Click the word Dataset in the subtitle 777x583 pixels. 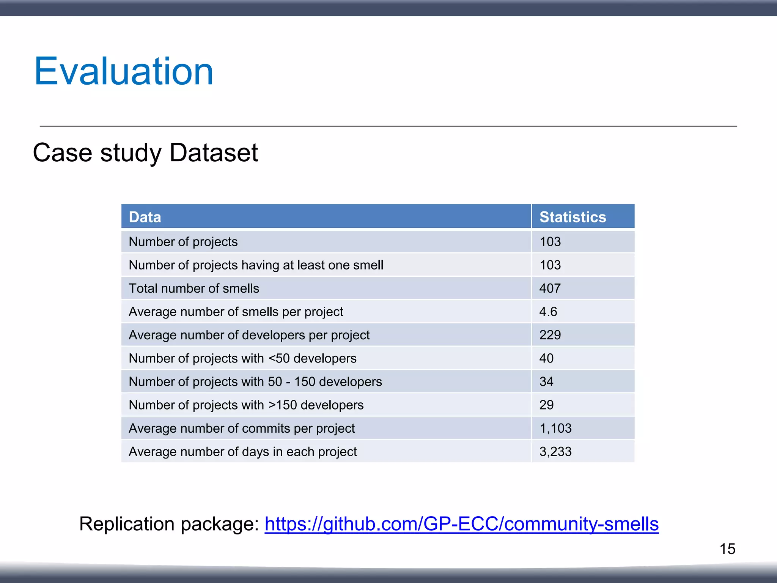[x=214, y=153]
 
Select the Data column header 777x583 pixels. [x=145, y=217]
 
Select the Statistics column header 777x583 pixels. [x=573, y=217]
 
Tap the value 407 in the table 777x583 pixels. [x=550, y=288]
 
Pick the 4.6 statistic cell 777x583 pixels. [x=548, y=312]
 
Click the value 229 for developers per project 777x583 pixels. [x=550, y=335]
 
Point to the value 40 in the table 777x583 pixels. [x=546, y=358]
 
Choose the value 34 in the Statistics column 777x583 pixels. [x=546, y=381]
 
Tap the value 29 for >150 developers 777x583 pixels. [x=546, y=405]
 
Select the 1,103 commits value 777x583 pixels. [x=555, y=428]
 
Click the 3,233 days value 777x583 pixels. [x=555, y=452]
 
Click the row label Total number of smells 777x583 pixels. [x=194, y=288]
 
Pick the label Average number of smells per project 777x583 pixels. [x=236, y=312]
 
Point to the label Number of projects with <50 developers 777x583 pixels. [x=242, y=358]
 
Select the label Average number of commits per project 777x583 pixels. [x=242, y=428]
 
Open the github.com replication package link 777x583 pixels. [x=461, y=524]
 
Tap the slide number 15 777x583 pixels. [x=727, y=549]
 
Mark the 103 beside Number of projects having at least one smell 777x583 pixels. [x=550, y=265]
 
